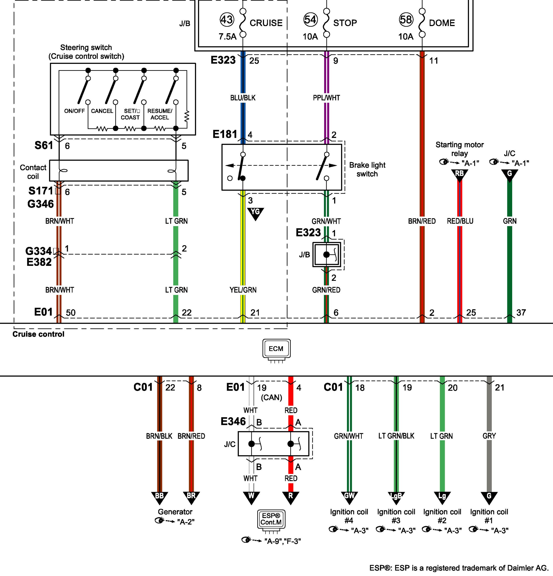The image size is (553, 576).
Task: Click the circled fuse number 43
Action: click(227, 20)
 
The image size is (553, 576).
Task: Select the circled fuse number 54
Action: click(310, 20)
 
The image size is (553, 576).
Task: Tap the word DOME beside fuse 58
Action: click(442, 23)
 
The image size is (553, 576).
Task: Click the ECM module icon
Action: click(276, 349)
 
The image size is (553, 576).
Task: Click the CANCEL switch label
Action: click(102, 111)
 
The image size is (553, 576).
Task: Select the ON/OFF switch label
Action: click(74, 111)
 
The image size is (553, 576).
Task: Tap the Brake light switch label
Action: click(367, 170)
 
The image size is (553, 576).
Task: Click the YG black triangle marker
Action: click(255, 213)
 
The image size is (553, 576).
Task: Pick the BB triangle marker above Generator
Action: click(159, 497)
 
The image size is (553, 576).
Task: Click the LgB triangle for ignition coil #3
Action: click(396, 497)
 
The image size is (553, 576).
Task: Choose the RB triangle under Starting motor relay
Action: click(459, 174)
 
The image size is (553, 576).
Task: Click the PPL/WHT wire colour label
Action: click(326, 98)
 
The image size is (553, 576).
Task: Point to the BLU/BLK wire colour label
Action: click(243, 98)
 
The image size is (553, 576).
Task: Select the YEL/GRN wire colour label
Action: click(243, 290)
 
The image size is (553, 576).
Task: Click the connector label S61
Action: click(44, 145)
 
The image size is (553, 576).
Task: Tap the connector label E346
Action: click(233, 421)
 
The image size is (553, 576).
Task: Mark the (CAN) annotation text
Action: click(271, 398)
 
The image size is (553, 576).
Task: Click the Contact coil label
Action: click(33, 172)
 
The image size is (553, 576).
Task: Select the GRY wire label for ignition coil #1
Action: click(489, 436)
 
